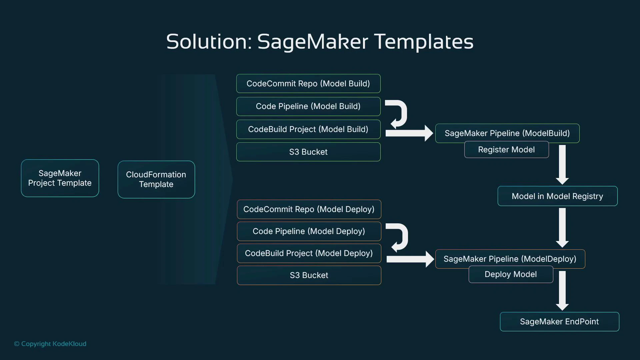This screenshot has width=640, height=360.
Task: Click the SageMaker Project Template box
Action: point(60,178)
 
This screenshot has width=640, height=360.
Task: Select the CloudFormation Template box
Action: point(156,179)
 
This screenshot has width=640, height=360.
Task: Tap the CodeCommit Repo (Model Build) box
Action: point(308,83)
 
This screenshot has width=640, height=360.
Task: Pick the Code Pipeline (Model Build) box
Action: point(308,106)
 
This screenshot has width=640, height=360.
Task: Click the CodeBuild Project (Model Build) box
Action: point(308,129)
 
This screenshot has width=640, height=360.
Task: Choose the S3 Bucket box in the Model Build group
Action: point(308,152)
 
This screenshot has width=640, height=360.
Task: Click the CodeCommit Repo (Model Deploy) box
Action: point(309,209)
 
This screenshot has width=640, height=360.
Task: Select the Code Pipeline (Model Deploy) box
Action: point(309,231)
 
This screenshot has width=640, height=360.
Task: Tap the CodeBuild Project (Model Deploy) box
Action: point(309,253)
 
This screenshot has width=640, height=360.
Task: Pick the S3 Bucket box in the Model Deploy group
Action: point(309,275)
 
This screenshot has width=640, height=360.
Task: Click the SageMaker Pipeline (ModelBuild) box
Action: point(507,133)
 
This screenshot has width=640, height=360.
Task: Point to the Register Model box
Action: point(506,150)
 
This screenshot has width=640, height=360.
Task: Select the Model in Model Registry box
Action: point(557,196)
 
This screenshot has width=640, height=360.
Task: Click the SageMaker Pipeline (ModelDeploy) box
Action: point(510,259)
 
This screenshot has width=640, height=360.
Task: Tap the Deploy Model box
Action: point(511,275)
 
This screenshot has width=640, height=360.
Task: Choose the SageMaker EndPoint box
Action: point(559,322)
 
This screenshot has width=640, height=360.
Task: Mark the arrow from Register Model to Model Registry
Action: point(562,165)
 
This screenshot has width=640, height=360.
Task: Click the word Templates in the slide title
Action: point(424,42)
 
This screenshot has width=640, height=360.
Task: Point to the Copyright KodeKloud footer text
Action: point(50,344)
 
